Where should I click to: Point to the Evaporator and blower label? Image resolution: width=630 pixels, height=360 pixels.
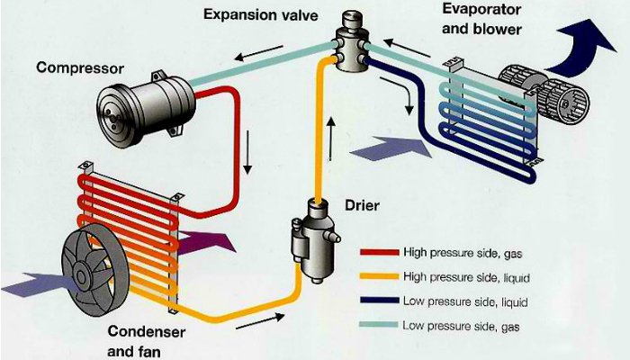482,18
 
